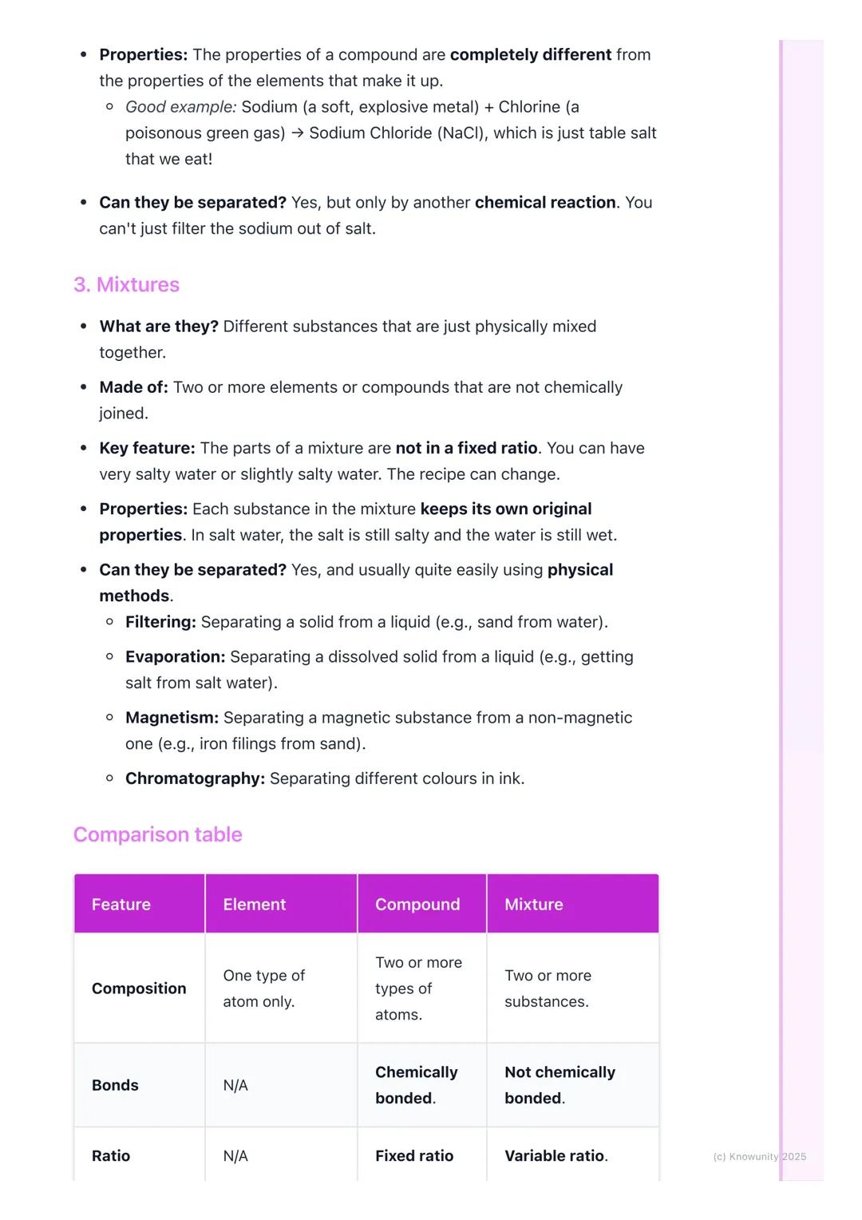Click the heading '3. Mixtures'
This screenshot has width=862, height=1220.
(126, 284)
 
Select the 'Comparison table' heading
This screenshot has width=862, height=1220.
(157, 834)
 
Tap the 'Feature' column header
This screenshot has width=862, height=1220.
(121, 904)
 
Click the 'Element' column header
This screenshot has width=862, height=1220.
(254, 904)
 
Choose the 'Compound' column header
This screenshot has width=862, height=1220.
(417, 904)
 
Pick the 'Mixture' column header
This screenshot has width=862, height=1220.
(533, 904)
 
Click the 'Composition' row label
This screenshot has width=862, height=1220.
(139, 988)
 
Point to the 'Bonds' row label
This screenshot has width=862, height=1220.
(115, 1085)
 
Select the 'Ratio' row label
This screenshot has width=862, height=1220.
(111, 1155)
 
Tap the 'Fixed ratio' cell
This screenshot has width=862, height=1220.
(414, 1155)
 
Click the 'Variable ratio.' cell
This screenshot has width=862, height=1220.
(556, 1155)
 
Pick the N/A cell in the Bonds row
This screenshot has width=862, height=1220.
(235, 1085)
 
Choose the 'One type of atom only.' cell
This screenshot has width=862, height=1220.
(263, 988)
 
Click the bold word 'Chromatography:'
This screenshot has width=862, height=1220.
(195, 778)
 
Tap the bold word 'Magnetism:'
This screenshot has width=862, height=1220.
(172, 718)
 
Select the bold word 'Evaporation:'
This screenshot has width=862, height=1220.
(175, 657)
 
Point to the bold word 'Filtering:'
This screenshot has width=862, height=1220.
(160, 622)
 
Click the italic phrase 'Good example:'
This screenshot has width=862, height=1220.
(180, 107)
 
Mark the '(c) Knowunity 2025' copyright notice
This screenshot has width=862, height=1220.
(759, 1156)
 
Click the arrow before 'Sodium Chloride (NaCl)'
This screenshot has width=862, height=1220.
(297, 133)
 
